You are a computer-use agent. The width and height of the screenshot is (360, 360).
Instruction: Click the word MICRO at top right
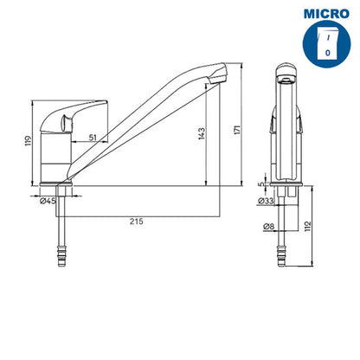coord(326,14)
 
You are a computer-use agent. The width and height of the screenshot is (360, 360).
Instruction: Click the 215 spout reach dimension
coord(136,222)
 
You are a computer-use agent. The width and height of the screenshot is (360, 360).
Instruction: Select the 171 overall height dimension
coord(237,130)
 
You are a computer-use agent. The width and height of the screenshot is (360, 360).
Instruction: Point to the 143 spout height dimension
coord(202,133)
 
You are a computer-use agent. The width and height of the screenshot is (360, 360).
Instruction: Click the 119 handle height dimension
coord(28,141)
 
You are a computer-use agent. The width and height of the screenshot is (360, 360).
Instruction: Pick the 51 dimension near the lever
coord(93,138)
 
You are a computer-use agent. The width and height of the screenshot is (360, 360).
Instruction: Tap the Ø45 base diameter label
coord(48,201)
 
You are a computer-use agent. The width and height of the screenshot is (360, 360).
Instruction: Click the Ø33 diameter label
coord(266,201)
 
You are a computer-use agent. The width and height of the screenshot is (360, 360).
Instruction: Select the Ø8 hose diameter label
coord(268,227)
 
